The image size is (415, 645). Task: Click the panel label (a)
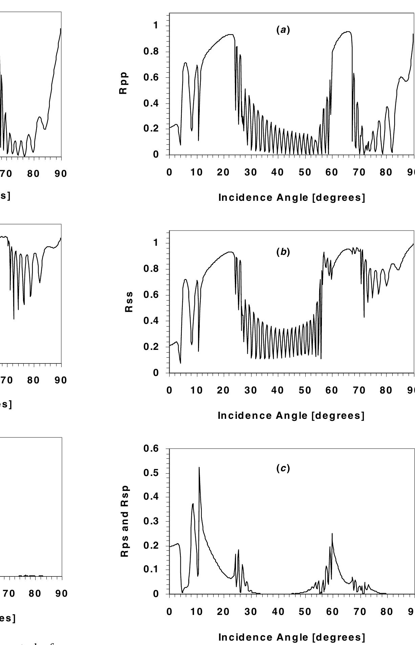point(283,30)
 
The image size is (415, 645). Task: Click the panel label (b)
point(283,253)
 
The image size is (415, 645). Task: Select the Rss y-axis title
point(129,302)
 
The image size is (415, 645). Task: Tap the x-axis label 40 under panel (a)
point(278,172)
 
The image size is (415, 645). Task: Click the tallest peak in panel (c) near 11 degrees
point(199,468)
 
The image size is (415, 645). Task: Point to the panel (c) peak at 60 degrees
point(332,534)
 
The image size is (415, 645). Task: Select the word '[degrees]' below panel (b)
point(338,415)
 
